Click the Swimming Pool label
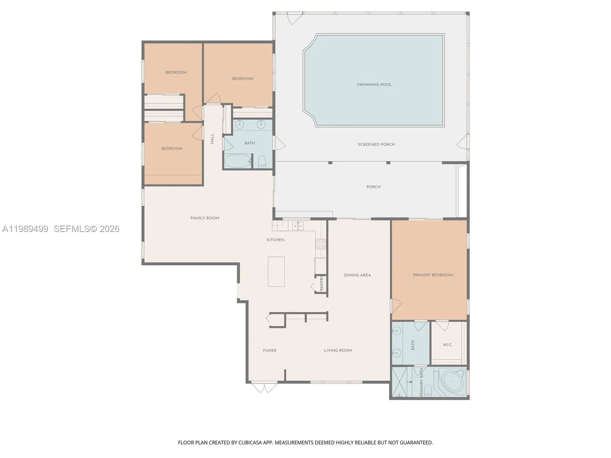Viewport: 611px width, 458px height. pyautogui.click(x=374, y=84)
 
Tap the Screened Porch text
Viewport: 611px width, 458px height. pyautogui.click(x=376, y=144)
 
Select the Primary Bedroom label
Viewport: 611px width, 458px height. pyautogui.click(x=432, y=275)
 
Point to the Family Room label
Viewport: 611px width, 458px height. pyautogui.click(x=205, y=218)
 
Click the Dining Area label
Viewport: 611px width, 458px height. pyautogui.click(x=357, y=275)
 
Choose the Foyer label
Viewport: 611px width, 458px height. pyautogui.click(x=270, y=350)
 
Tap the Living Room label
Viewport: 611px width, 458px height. pyautogui.click(x=338, y=350)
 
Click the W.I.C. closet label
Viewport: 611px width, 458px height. pyautogui.click(x=447, y=345)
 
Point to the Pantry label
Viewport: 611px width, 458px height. pyautogui.click(x=322, y=283)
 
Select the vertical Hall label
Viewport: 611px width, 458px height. pyautogui.click(x=212, y=139)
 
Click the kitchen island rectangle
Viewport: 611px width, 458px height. pyautogui.click(x=276, y=271)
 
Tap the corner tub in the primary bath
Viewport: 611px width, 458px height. pyautogui.click(x=452, y=382)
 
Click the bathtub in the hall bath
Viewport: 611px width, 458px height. pyautogui.click(x=238, y=161)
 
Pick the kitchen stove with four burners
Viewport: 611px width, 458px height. pyautogui.click(x=320, y=244)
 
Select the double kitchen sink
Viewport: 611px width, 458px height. pyautogui.click(x=298, y=226)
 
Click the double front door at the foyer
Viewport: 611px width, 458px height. pyautogui.click(x=264, y=388)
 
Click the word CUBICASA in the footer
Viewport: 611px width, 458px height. pyautogui.click(x=251, y=442)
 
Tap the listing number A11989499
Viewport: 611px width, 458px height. pyautogui.click(x=25, y=229)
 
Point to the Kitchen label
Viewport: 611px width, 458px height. pyautogui.click(x=275, y=240)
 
